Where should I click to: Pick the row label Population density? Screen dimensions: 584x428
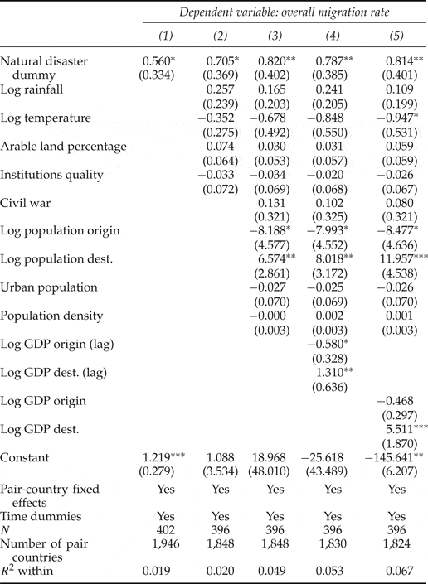pyautogui.click(x=51, y=315)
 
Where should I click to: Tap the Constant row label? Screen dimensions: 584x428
pyautogui.click(x=25, y=457)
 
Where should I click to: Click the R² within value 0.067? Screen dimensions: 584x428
pyautogui.click(x=398, y=572)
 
